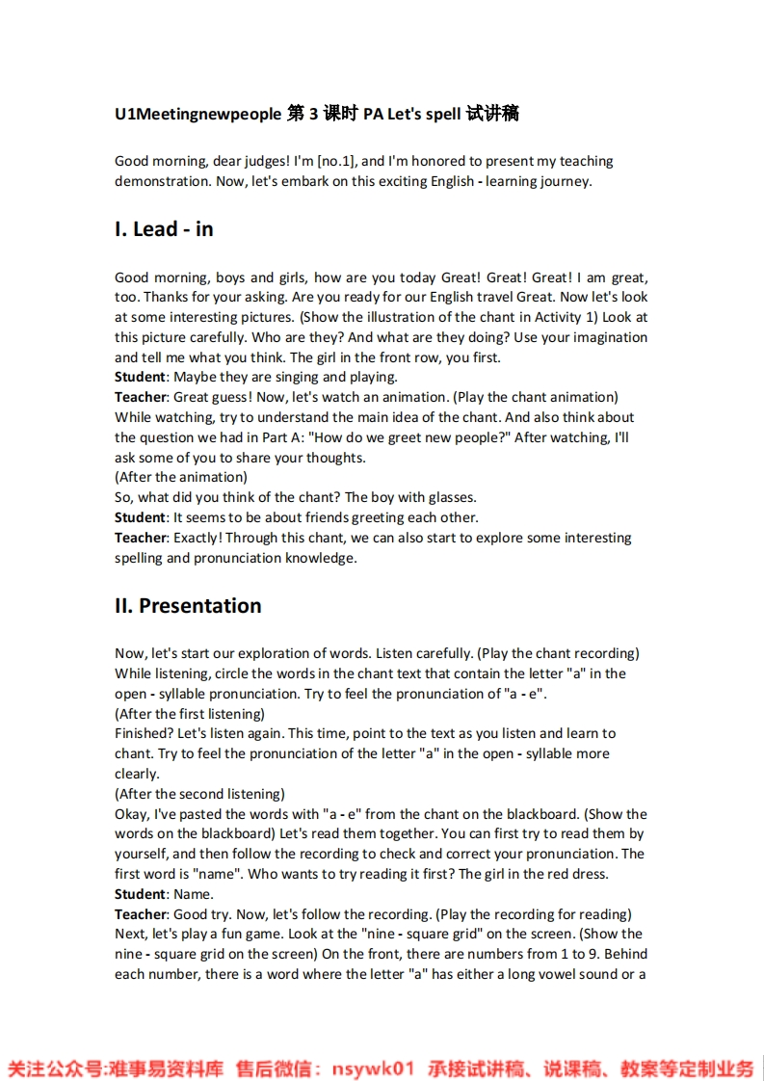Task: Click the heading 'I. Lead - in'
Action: point(164,229)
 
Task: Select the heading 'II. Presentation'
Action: point(188,606)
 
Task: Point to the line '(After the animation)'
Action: point(181,477)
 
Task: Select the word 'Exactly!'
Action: point(198,538)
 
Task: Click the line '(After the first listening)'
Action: point(190,714)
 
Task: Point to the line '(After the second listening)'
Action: point(199,794)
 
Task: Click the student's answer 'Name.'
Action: point(194,894)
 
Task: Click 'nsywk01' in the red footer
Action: point(373,1068)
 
